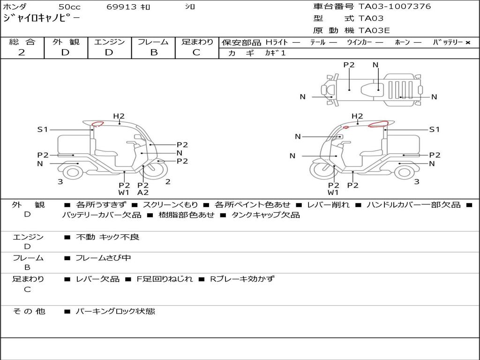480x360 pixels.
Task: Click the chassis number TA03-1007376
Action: tap(395, 7)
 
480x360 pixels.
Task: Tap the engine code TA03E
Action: tap(374, 30)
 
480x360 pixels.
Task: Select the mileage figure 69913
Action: tap(121, 7)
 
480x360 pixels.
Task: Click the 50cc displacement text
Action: tap(69, 7)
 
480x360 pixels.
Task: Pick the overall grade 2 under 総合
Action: tap(22, 52)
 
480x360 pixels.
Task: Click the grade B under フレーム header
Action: tap(154, 52)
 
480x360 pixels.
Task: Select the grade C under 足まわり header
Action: tap(196, 52)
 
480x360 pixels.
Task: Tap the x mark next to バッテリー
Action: tap(468, 43)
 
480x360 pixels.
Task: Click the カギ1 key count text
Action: tap(275, 53)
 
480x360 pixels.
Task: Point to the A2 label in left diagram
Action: tap(142, 193)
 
